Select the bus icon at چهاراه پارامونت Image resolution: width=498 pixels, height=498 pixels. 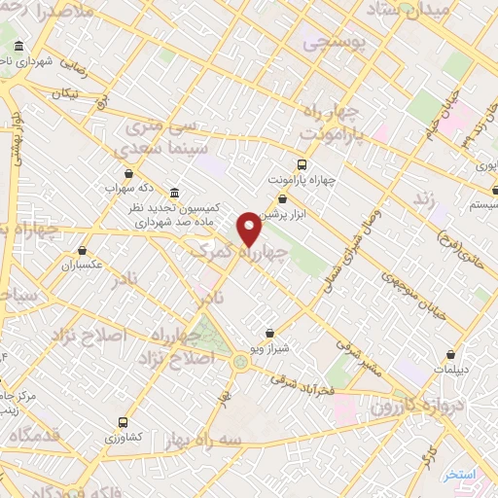click(302, 164)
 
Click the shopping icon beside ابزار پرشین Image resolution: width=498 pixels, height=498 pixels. click(282, 199)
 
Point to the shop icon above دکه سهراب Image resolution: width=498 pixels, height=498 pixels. click(128, 173)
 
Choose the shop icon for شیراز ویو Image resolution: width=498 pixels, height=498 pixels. click(269, 334)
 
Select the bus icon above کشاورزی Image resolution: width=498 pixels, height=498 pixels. click(123, 422)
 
